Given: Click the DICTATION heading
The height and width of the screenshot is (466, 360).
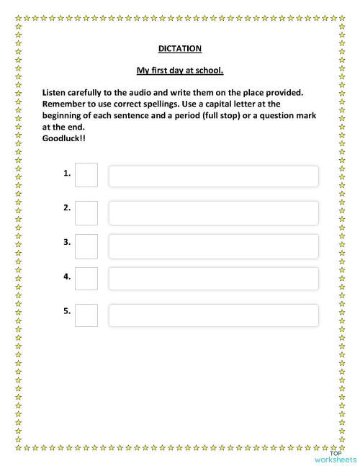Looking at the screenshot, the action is tap(180, 48).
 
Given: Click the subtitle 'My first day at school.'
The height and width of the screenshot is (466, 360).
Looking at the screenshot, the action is tap(180, 71).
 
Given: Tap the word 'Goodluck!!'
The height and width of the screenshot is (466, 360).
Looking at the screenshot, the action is tap(63, 138).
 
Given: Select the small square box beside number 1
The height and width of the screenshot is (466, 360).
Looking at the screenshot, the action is tap(86, 175).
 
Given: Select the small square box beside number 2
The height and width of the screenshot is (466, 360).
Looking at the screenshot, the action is tap(86, 212).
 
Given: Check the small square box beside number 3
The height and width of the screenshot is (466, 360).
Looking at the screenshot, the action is tap(86, 246).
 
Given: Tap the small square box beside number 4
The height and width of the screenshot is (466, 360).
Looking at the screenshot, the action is tap(86, 279).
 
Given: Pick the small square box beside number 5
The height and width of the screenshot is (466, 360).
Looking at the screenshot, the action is tap(86, 315).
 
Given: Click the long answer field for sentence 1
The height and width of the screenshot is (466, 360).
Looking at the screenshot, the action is tap(213, 176).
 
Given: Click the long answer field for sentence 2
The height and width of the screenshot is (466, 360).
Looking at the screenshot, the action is tap(213, 212).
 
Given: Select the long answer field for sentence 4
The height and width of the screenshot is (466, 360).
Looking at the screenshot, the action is tap(213, 279).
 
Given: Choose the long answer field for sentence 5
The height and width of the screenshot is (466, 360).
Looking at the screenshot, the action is tap(213, 315).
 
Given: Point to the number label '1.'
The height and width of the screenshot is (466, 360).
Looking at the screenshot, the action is tap(67, 173).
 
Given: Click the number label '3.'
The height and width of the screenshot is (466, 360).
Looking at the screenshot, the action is tap(67, 242).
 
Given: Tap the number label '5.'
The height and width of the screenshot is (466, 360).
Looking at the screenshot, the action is tap(67, 311).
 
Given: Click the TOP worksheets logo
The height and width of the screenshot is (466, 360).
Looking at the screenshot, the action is tap(335, 456).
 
